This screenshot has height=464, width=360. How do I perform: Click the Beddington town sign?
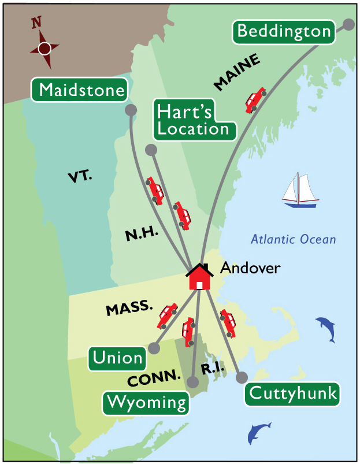click(x=284, y=31)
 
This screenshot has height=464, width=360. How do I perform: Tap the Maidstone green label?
click(x=83, y=90)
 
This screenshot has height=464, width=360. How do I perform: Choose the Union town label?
click(x=117, y=358)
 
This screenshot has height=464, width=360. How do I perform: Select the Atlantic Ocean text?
click(x=293, y=239)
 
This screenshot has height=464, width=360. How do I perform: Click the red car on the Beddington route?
click(x=255, y=100)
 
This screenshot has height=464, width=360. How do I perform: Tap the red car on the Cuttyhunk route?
click(x=228, y=324)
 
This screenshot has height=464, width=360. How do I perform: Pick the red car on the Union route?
click(x=167, y=315)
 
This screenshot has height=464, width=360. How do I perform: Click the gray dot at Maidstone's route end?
click(x=131, y=110)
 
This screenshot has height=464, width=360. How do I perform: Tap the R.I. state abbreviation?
click(x=212, y=369)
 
